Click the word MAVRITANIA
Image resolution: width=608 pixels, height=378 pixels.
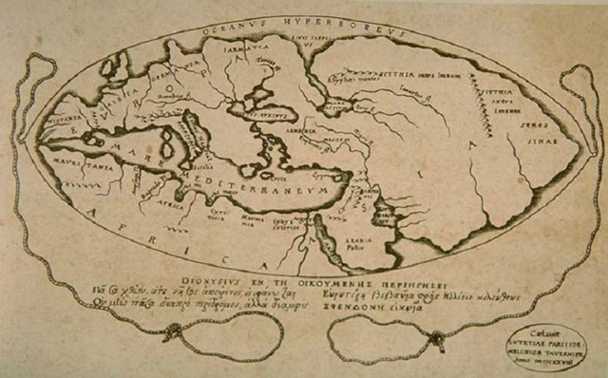point(77,163)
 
